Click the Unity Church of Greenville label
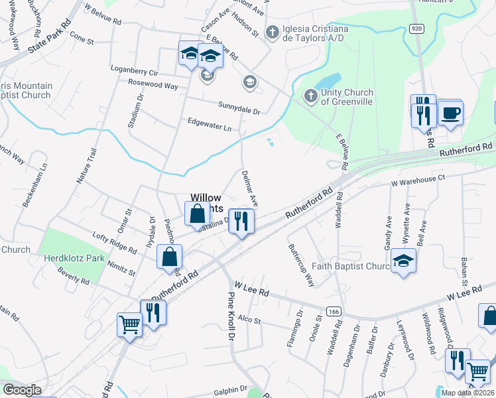tap(347, 97)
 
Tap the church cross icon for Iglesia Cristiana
tap(271, 32)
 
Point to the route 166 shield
tap(334, 310)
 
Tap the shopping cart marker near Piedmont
tap(129, 325)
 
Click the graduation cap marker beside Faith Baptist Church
tap(403, 261)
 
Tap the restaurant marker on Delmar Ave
tap(241, 222)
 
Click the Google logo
tap(22, 390)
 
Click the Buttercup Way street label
tap(301, 264)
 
